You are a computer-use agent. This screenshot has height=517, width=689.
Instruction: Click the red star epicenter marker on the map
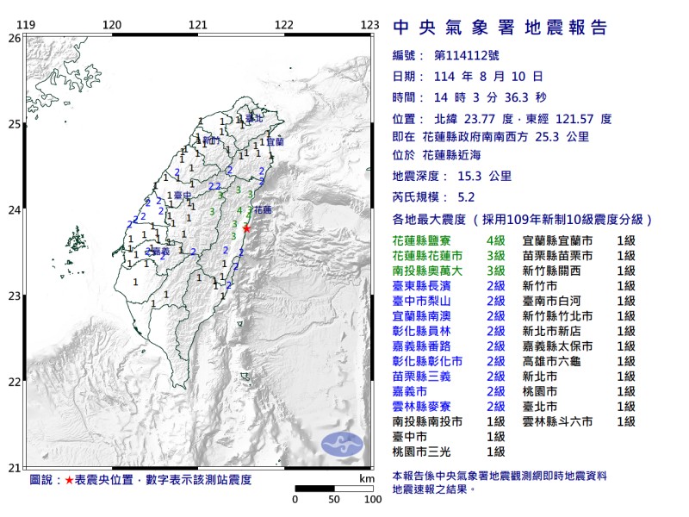247,228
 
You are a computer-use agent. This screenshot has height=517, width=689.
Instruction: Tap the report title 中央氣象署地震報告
500,28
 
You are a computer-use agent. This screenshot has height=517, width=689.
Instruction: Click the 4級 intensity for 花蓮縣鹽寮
494,241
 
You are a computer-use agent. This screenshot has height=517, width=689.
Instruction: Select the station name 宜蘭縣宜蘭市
558,241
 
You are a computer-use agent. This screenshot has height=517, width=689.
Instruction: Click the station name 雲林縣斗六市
558,421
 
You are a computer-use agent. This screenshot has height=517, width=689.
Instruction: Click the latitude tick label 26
14,38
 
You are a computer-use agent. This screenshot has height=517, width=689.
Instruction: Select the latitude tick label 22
14,382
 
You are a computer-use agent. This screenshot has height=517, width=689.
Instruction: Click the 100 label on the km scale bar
372,499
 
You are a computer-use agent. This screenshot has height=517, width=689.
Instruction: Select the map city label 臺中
181,196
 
